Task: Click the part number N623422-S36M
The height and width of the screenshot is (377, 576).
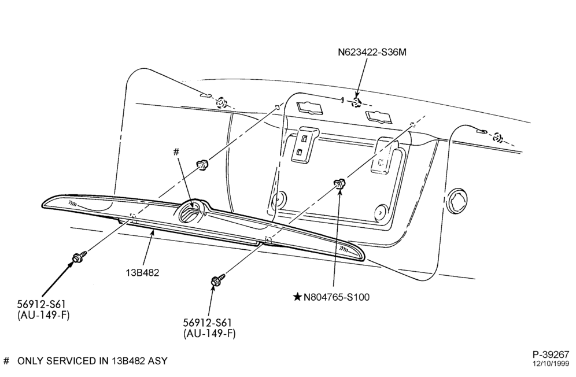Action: [x=372, y=52]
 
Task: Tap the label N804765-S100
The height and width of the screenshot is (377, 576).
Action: [x=337, y=297]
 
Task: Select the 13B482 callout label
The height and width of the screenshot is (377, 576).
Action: [x=142, y=273]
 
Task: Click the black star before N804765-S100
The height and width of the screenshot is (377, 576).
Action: [x=297, y=297]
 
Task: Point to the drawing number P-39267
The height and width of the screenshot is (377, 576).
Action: [x=551, y=354]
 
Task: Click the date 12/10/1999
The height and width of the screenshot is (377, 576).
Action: [x=551, y=364]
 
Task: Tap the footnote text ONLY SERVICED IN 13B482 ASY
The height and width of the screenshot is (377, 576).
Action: [x=92, y=361]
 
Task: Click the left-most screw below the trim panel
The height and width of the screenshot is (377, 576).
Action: [x=79, y=257]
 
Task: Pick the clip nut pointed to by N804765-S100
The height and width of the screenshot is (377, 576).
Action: [x=339, y=183]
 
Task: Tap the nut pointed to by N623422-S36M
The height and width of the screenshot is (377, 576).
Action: [x=356, y=102]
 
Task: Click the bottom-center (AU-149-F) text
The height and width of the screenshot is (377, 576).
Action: [x=209, y=333]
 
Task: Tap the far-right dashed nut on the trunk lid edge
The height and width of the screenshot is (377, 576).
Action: [x=497, y=138]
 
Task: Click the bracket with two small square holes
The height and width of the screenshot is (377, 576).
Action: [x=305, y=145]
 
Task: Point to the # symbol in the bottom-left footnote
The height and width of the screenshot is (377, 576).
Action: [x=6, y=361]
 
